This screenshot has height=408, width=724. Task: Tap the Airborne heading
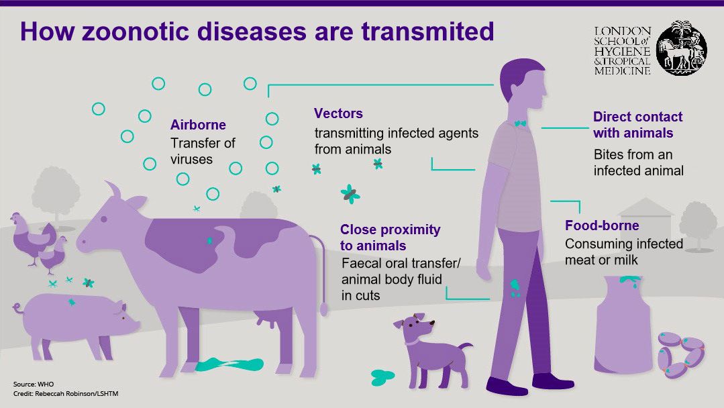(198, 125)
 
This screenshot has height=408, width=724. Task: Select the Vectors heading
(338, 113)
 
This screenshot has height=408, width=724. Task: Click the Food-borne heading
(602, 225)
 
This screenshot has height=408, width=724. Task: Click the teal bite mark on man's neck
(520, 123)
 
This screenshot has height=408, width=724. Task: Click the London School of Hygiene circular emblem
(681, 48)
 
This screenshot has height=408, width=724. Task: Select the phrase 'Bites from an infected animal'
(638, 162)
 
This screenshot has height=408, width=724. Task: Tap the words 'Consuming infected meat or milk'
(623, 251)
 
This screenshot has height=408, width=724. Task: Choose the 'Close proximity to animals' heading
(390, 238)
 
